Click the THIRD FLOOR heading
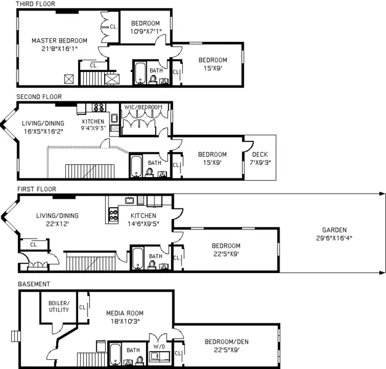pos(36,4)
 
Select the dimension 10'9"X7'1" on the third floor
pos(145,31)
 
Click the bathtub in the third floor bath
pos(140,74)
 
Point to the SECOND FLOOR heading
pos(39,97)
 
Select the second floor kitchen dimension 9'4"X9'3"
pos(93,129)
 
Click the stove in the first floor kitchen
pos(114,215)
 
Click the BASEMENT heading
pos(33,284)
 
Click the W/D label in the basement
pos(159,346)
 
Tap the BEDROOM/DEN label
pos(227,341)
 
